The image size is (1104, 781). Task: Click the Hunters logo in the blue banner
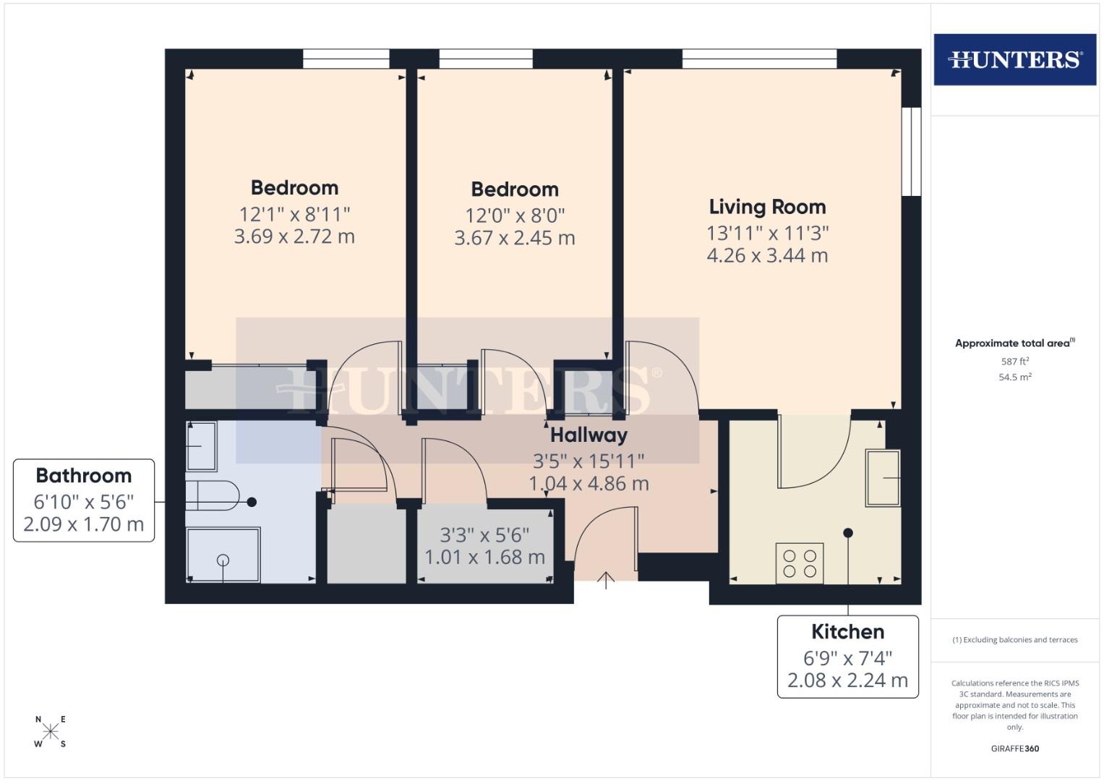pos(1014,59)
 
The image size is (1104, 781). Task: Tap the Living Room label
pos(767,207)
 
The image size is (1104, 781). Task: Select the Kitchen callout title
pos(847,631)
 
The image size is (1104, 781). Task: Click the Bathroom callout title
pos(84,475)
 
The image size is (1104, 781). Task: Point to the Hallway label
pos(589,435)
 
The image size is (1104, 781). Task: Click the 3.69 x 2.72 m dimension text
pos(294,236)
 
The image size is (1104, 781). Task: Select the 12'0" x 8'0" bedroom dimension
pos(515,215)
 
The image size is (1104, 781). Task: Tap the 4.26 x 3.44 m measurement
pos(767,255)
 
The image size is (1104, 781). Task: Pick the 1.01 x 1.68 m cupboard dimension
pos(484,557)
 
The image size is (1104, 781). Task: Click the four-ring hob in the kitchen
pos(800,563)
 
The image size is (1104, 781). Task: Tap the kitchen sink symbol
pos(883,478)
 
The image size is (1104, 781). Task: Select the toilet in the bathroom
pos(212,496)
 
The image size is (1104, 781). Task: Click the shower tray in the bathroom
pos(223,555)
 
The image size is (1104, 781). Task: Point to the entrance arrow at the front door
pos(606,579)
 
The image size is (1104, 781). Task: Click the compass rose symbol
pos(51,731)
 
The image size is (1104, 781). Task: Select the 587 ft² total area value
pos(1014,361)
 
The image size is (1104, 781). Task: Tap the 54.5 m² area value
pos(1014,377)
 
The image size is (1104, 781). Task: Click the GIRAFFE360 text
pos(1014,748)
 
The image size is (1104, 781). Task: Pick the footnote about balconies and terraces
pos(1014,640)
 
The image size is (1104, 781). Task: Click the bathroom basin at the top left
pos(201,446)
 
